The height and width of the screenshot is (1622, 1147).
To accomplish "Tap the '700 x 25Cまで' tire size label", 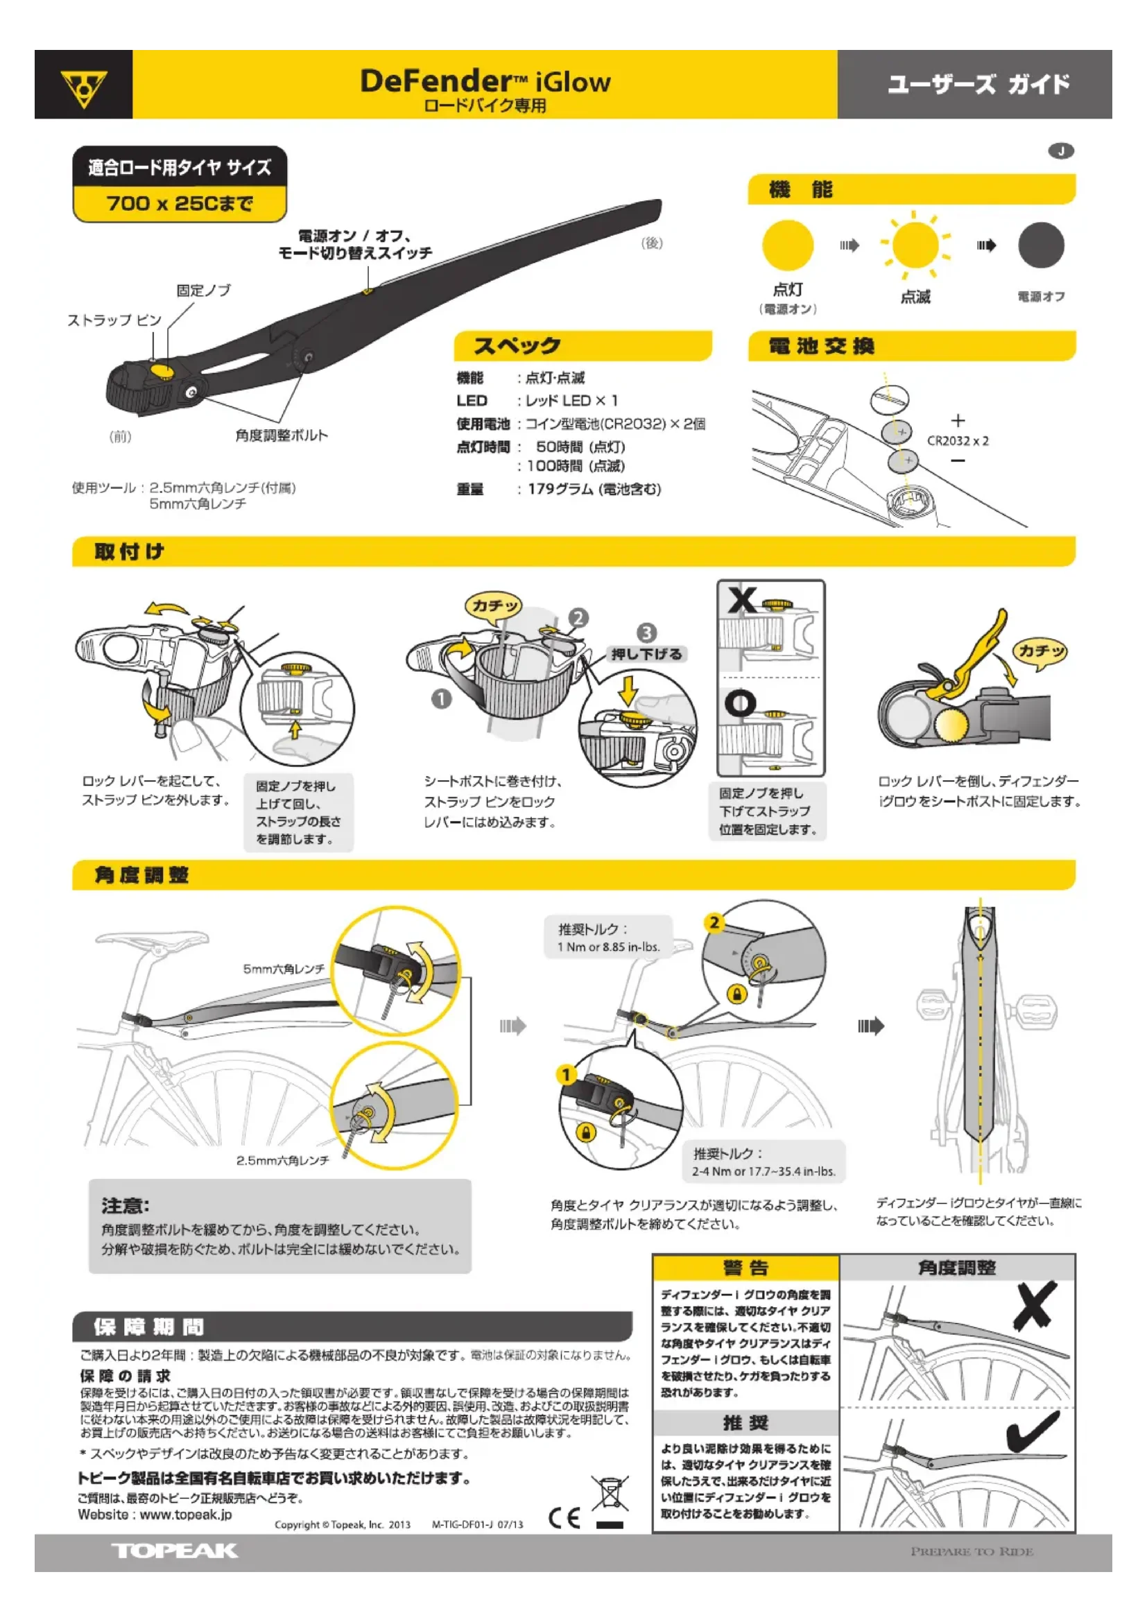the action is pyautogui.click(x=180, y=204).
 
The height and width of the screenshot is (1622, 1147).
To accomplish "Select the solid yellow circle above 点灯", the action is pyautogui.click(x=788, y=245).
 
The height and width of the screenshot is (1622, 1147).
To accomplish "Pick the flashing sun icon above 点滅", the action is pyautogui.click(x=915, y=245).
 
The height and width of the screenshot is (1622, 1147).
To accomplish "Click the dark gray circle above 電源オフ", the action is pyautogui.click(x=1040, y=245).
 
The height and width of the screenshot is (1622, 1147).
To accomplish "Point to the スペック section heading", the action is pyautogui.click(x=517, y=345).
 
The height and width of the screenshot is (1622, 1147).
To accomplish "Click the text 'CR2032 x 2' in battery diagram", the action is pyautogui.click(x=958, y=441).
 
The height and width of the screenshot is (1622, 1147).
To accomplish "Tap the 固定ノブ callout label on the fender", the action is pyautogui.click(x=203, y=291).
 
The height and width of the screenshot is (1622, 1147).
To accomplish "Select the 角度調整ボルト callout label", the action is pyautogui.click(x=282, y=435).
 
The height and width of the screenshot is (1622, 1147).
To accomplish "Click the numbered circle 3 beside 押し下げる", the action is pyautogui.click(x=646, y=632).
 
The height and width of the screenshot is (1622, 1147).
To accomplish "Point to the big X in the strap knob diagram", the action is pyautogui.click(x=742, y=601).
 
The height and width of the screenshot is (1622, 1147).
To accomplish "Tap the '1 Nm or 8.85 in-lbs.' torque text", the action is pyautogui.click(x=609, y=947).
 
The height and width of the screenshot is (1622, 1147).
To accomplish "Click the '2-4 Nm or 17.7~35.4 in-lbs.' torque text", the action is pyautogui.click(x=764, y=1171).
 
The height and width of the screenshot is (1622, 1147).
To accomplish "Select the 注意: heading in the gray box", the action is pyautogui.click(x=126, y=1206).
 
